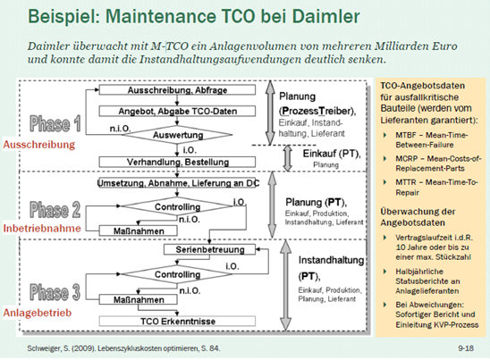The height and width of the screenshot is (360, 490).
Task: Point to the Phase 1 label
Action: pos(59,123)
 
